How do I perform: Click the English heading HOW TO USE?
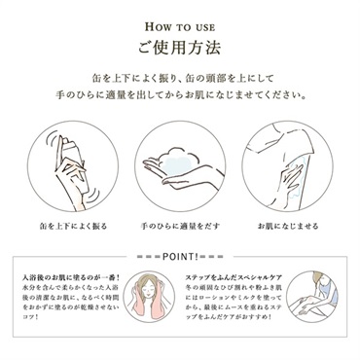click(x=180, y=21)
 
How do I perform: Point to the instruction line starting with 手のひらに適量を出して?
click(x=180, y=96)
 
